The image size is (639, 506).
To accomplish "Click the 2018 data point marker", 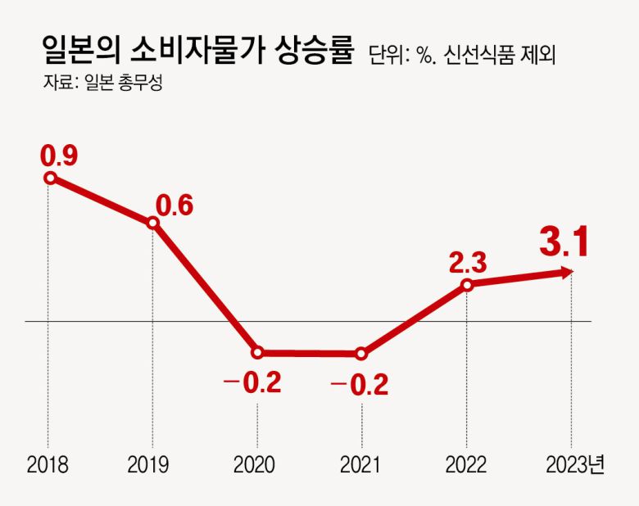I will [x=50, y=177].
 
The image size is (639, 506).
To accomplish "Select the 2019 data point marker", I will [x=152, y=224].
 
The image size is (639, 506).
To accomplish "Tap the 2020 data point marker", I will [x=257, y=353].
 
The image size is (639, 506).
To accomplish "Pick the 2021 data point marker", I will [x=361, y=354].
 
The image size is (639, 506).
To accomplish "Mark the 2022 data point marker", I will [x=467, y=284].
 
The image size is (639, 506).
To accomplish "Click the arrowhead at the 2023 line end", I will [x=568, y=272].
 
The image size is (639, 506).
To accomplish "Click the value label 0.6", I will [x=175, y=206].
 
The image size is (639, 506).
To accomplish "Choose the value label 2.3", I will [x=468, y=262].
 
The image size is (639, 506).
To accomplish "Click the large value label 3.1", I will [x=564, y=242].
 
